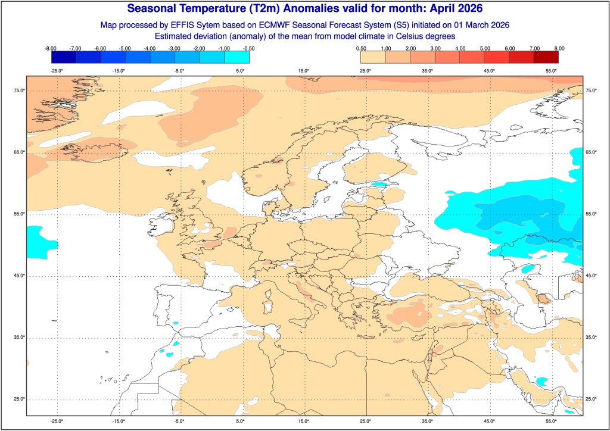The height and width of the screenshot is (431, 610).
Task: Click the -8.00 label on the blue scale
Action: click(51, 48)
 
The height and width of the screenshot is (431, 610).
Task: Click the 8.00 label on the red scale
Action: click(559, 48)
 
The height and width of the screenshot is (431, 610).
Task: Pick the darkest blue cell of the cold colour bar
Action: click(64, 57)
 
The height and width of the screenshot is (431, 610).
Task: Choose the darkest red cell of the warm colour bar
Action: click(546, 57)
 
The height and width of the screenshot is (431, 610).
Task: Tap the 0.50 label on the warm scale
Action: click(361, 48)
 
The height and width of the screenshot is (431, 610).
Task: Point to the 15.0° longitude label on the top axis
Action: click(304, 71)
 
